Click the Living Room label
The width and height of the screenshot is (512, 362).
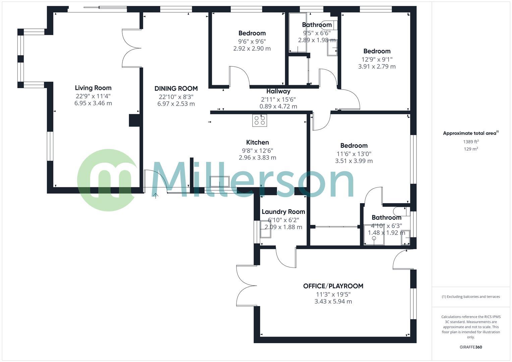coord(93,88)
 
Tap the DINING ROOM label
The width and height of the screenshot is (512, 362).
coord(176,88)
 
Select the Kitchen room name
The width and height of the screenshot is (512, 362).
coord(257,142)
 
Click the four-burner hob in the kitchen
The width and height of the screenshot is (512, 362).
coord(260,120)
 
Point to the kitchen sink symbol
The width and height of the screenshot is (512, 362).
coord(219,181)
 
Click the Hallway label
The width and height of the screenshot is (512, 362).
coord(278,91)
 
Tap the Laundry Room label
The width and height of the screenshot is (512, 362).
coord(283,212)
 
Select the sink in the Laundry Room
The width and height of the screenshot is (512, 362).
coord(266,230)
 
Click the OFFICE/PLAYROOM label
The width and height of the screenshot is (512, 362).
coord(333,286)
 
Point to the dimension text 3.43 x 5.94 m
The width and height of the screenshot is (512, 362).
coord(333,301)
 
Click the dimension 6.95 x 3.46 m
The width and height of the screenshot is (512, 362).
coord(93,103)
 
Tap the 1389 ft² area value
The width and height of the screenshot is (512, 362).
coord(471,142)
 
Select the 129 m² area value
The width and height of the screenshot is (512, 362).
coord(471,149)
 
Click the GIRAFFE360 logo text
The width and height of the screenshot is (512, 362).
coord(470,347)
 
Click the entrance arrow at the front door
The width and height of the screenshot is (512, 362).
coord(156,195)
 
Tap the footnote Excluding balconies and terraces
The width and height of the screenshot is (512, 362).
coord(471,297)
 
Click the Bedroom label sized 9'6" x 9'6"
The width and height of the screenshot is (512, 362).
coord(252,33)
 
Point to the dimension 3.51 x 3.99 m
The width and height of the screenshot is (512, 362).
coord(354,161)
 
